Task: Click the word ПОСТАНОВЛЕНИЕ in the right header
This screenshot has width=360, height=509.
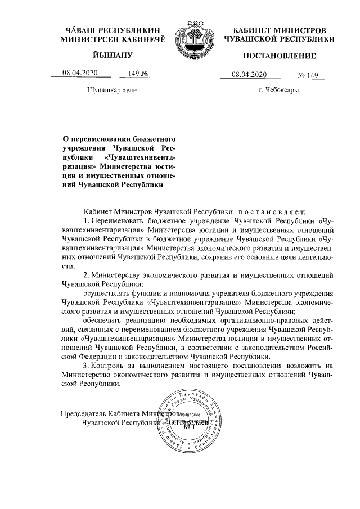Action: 279,56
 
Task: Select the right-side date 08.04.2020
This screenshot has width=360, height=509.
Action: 248,75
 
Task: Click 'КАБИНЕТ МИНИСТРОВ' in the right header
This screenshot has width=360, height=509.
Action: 280,29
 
